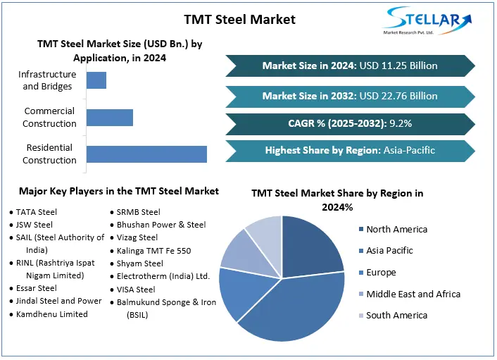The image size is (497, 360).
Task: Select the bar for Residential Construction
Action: [146, 154]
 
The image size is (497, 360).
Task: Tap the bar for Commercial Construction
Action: [109, 117]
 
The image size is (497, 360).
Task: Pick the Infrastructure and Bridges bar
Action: [96, 80]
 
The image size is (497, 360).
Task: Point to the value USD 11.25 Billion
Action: [398, 66]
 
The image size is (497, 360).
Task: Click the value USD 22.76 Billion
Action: [398, 96]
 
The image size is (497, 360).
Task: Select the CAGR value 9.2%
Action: [398, 123]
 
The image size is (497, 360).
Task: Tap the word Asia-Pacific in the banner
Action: [410, 150]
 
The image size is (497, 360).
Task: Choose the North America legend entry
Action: [396, 229]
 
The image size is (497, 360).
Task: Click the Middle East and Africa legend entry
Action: [413, 294]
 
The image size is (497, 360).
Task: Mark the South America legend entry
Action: [396, 316]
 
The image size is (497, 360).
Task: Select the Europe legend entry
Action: [381, 272]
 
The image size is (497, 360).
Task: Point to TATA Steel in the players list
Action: [37, 211]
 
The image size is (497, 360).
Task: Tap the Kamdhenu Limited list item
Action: [51, 314]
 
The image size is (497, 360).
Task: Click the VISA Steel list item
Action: [137, 289]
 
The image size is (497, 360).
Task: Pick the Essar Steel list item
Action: [37, 288]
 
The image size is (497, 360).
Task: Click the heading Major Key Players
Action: [119, 191]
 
